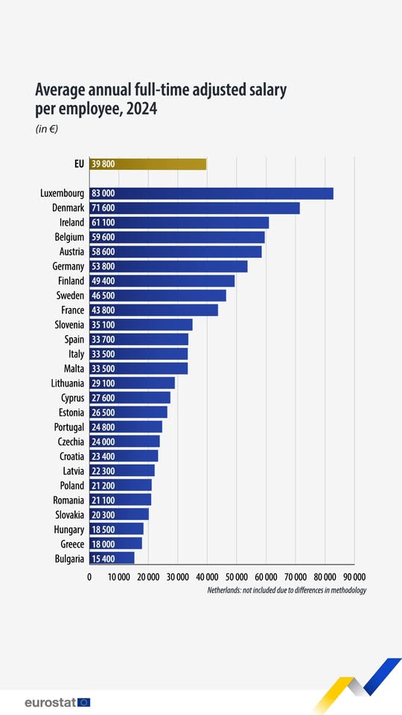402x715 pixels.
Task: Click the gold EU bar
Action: pos(147,164)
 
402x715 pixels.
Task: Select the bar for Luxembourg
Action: pos(211,193)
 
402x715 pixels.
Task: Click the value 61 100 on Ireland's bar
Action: pos(103,223)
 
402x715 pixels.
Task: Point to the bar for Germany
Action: pos(167,266)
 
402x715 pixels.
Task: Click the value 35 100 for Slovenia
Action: pos(103,325)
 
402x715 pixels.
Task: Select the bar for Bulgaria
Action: pos(112,558)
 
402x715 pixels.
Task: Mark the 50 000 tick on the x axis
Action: pos(236,577)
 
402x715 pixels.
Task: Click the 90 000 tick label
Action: pos(354,577)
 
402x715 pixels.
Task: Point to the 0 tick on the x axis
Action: pos(89,577)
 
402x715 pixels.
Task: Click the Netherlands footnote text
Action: pos(287,590)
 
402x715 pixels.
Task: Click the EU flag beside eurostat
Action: pos(83,702)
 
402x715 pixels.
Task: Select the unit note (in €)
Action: pos(47,129)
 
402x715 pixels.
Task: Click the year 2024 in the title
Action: pos(140,109)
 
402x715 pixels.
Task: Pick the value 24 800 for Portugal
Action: pos(103,427)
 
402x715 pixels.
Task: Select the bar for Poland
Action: pos(120,485)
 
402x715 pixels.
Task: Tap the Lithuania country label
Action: pos(63,383)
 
